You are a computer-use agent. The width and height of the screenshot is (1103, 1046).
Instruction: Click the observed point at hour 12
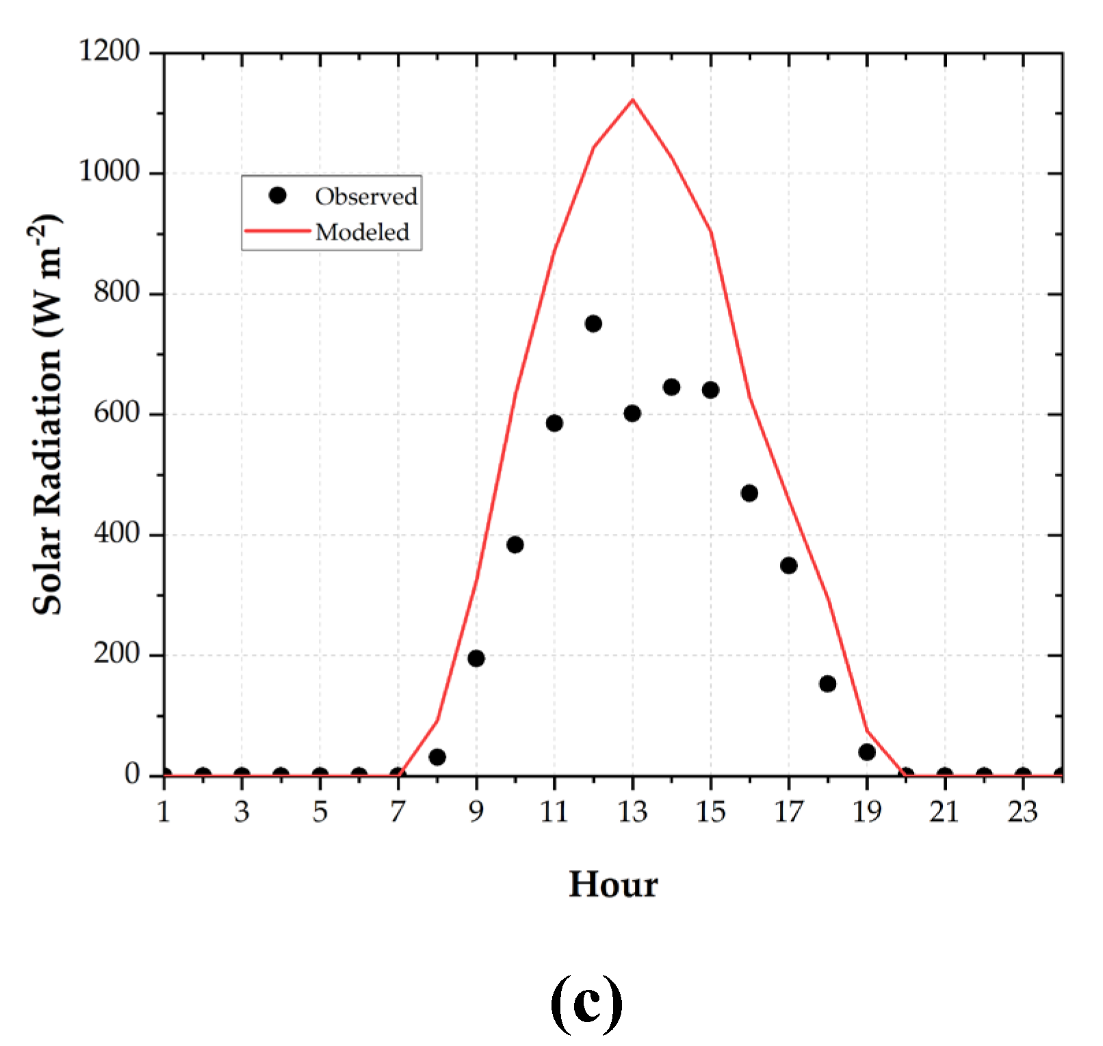593,323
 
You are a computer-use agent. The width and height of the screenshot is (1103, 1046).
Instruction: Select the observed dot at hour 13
632,413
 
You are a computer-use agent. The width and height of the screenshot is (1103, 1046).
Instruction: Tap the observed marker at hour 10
515,544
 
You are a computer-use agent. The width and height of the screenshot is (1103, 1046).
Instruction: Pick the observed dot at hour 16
749,493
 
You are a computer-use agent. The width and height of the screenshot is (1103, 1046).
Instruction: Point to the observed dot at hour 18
827,683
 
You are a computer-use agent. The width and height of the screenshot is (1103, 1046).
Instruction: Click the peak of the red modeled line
632,100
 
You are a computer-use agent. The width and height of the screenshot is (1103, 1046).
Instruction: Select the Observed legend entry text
366,196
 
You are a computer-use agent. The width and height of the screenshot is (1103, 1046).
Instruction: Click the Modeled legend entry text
362,232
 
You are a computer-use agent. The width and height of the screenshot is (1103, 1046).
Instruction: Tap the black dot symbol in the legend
277,196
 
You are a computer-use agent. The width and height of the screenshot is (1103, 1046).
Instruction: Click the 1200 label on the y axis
109,51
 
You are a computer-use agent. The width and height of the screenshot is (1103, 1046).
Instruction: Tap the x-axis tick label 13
632,812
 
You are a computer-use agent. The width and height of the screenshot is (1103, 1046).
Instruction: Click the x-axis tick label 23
1022,812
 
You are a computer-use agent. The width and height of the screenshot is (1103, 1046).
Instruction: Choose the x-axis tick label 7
398,812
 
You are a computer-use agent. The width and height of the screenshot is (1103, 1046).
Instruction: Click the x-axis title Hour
613,884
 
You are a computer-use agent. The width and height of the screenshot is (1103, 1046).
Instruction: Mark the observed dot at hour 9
476,658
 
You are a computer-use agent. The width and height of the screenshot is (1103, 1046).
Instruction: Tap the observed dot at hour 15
710,390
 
